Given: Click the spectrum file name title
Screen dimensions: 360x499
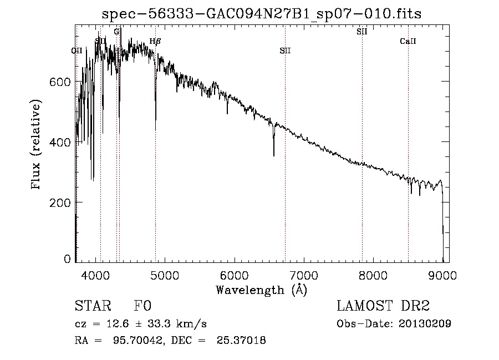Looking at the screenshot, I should pyautogui.click(x=262, y=14).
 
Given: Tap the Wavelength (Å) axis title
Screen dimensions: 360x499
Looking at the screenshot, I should pyautogui.click(x=261, y=290).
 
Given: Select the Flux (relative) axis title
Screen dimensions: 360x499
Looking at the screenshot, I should pyautogui.click(x=37, y=145).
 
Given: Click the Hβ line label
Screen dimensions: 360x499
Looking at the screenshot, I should pyautogui.click(x=155, y=41).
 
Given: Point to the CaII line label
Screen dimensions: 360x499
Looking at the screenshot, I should pyautogui.click(x=408, y=42).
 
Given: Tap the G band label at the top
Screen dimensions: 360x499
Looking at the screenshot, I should pyautogui.click(x=116, y=32).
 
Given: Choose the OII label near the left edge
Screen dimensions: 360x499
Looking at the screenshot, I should pyautogui.click(x=77, y=50).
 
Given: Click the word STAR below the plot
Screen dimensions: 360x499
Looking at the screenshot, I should pyautogui.click(x=93, y=306).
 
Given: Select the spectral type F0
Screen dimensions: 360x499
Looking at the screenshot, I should pyautogui.click(x=142, y=306).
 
